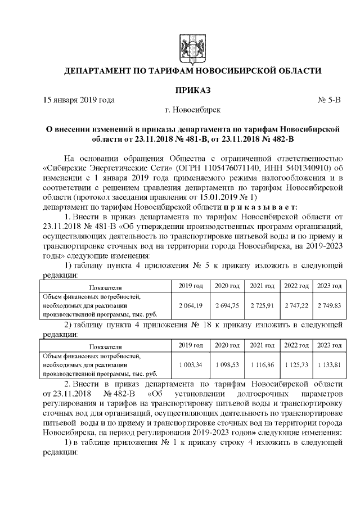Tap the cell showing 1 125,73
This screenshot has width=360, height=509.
click(x=296, y=365)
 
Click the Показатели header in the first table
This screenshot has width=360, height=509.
click(x=105, y=286)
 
